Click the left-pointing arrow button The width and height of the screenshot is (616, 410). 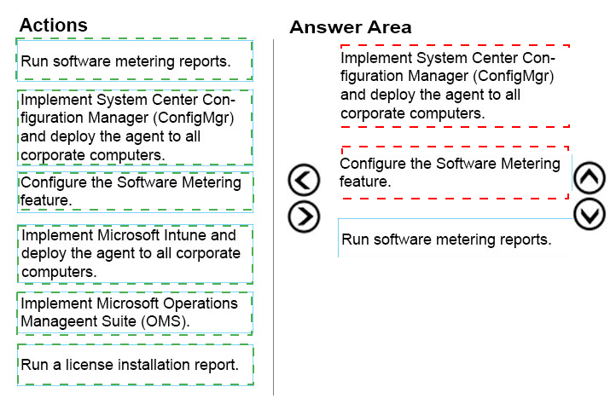click(304, 180)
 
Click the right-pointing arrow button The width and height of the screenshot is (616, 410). click(304, 217)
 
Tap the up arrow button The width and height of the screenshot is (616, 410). click(590, 178)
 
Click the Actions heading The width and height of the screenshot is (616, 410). click(54, 25)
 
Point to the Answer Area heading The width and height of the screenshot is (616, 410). click(351, 27)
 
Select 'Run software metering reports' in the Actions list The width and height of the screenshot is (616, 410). click(134, 60)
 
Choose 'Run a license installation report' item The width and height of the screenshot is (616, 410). click(135, 365)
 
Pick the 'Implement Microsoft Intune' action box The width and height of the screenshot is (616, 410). click(135, 254)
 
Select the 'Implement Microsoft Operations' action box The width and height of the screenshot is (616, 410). click(135, 313)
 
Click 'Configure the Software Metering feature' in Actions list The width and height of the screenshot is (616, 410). click(135, 192)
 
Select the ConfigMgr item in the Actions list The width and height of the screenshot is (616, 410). click(135, 128)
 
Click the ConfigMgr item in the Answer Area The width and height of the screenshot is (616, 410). click(455, 86)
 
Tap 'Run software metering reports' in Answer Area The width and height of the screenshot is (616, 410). click(455, 239)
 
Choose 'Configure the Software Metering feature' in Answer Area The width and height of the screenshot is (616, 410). click(455, 173)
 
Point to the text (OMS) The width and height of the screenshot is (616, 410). click(166, 321)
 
